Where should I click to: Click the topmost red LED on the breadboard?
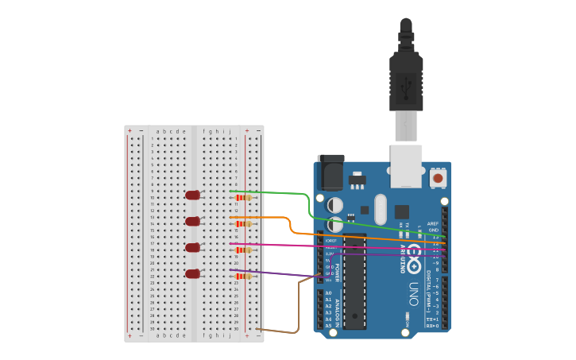coord(192,195)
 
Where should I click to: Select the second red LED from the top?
coord(192,221)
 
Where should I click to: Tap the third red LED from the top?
coord(192,247)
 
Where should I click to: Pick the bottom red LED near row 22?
coord(192,273)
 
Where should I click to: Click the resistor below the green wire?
coord(243,198)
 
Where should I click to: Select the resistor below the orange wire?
coord(243,224)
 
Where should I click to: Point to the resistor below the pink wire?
coord(243,250)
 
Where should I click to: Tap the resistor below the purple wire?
coord(243,277)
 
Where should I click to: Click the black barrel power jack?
coord(331,172)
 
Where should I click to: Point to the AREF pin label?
coord(432,224)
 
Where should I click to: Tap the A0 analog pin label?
coord(328,293)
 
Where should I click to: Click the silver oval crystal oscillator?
coord(381,209)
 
